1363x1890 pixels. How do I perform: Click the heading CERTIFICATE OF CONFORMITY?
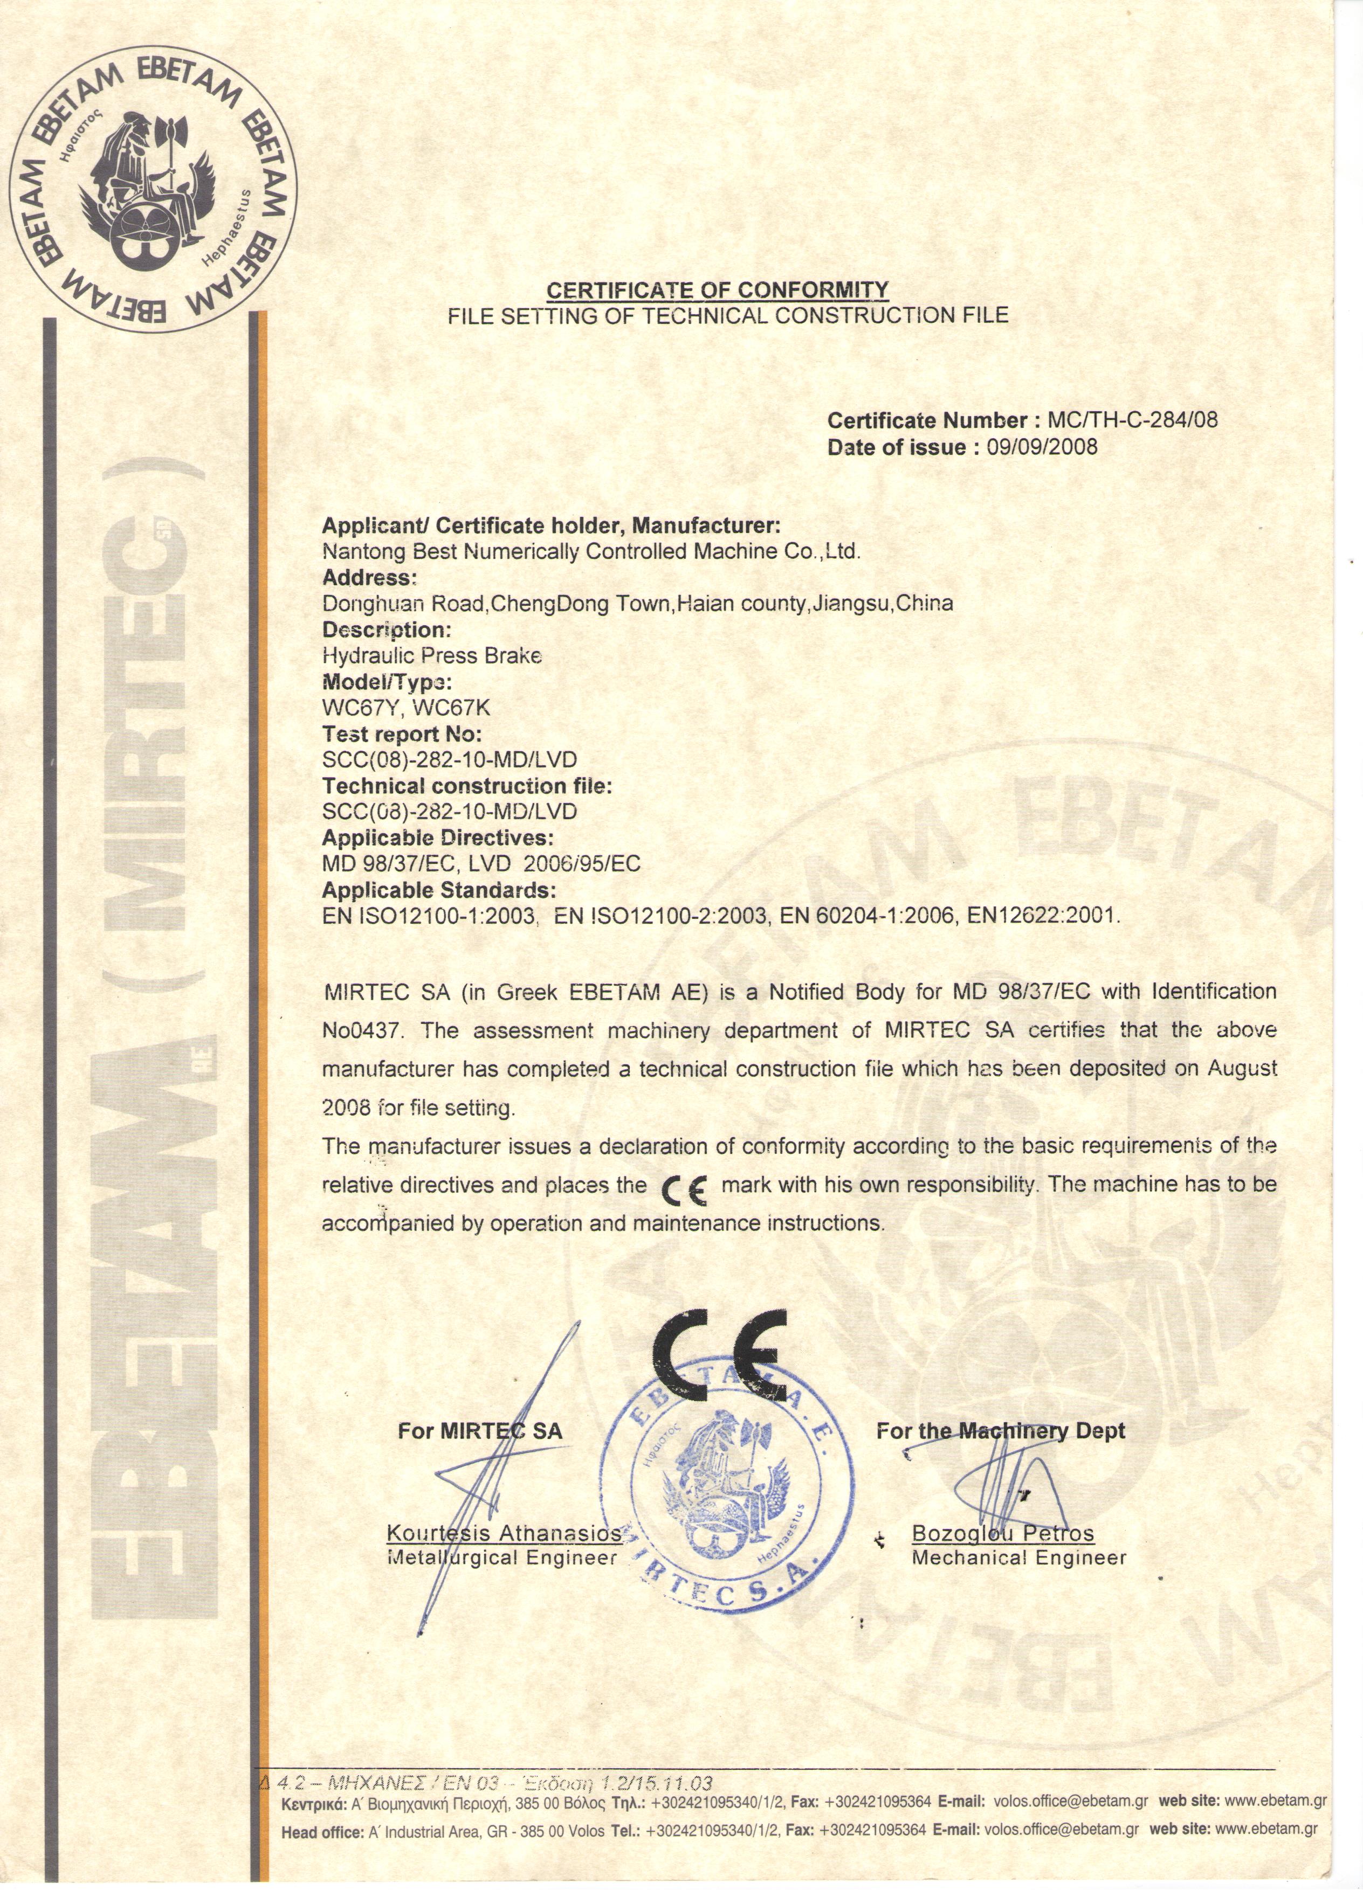click(717, 290)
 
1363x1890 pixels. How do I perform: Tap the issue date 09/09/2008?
click(1042, 447)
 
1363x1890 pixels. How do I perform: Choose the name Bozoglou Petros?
click(1002, 1533)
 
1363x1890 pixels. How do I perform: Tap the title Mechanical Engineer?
click(1018, 1557)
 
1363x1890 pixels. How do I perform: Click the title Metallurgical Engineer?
click(502, 1557)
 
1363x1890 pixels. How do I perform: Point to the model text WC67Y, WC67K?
click(406, 708)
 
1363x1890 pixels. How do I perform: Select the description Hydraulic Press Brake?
click(432, 656)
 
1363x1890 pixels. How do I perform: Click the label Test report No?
click(402, 734)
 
